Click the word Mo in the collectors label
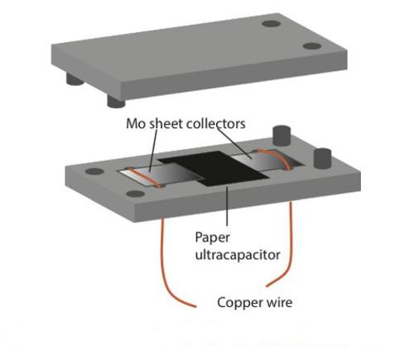coord(137,124)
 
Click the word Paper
coord(212,238)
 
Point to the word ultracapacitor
coord(238,254)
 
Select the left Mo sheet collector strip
coord(157,175)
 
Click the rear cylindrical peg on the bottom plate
coord(282,136)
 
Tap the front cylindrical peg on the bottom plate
coord(323,158)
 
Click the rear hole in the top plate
coord(272,23)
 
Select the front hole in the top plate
coord(312,46)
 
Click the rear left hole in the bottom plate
coord(94,171)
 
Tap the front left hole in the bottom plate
coord(135,194)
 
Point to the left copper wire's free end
coord(195,306)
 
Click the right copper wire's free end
coord(267,286)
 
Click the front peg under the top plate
coord(116,102)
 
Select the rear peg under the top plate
coord(75,80)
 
